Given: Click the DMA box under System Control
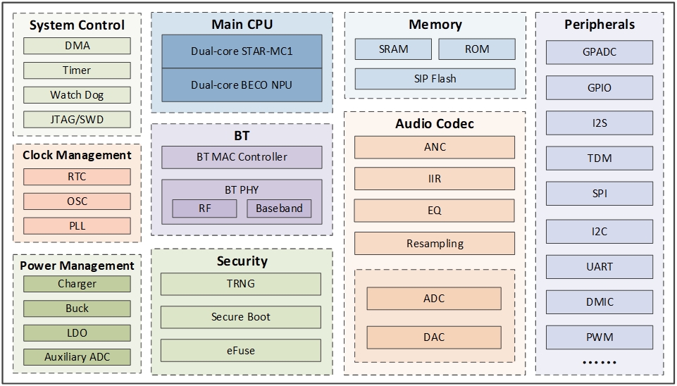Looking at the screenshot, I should point(77,46).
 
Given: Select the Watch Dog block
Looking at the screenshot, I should point(77,95).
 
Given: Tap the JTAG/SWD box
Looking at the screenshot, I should point(77,120).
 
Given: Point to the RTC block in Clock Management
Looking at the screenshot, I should point(77,177).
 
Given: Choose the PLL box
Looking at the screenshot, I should point(77,226).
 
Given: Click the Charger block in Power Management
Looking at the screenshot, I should point(77,284).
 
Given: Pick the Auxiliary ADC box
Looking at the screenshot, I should point(77,357).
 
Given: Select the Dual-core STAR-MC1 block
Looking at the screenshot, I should point(242,51).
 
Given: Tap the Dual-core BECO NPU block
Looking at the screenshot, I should point(242,85).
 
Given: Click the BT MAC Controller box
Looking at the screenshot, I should point(242,157).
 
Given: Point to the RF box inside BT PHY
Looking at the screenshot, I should point(205,208).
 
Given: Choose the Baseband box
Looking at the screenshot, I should point(279,208).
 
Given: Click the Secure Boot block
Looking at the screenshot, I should point(241,317).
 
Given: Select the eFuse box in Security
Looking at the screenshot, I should point(241,350).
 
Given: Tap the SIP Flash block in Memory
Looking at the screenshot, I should point(435,79).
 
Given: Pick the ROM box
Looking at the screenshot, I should point(477,49).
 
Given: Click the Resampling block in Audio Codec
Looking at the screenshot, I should point(435,244).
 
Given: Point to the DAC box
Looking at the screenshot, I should point(434,337).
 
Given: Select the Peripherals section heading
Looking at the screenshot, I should point(600,25).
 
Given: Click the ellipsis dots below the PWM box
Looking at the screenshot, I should point(600,363).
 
